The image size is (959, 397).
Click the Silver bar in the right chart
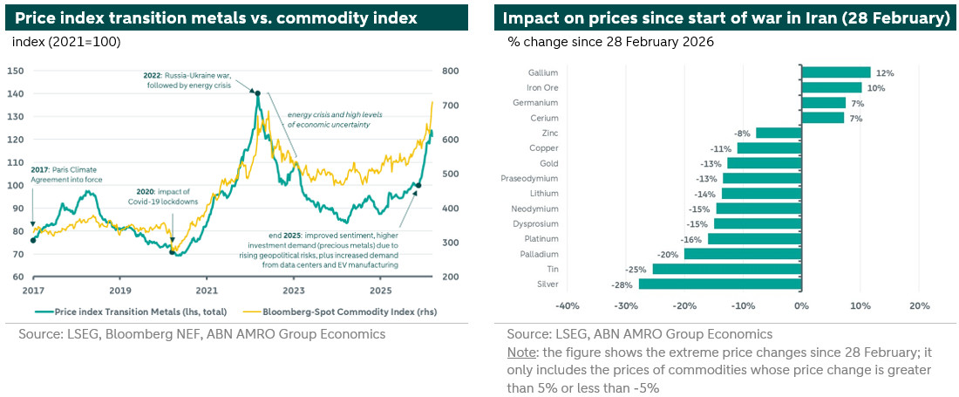719,284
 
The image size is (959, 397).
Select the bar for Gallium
835,72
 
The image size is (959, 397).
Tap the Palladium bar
742,254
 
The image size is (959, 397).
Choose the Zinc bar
778,133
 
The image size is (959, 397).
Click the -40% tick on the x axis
568,305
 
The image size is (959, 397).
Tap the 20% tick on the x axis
920,305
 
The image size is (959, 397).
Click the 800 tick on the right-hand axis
450,71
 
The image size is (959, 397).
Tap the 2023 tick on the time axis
294,289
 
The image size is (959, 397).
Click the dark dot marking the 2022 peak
256,92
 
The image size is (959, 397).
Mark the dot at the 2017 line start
33,240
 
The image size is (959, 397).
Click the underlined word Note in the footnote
521,352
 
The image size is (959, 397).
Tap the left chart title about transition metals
216,17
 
